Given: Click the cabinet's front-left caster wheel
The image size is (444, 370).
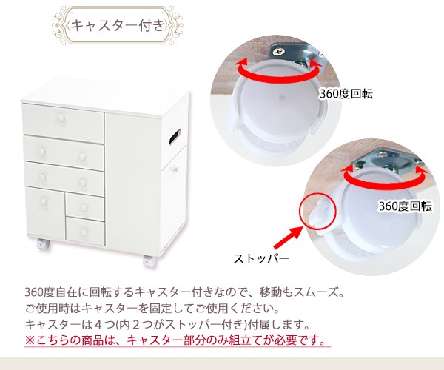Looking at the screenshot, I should [40, 244].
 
